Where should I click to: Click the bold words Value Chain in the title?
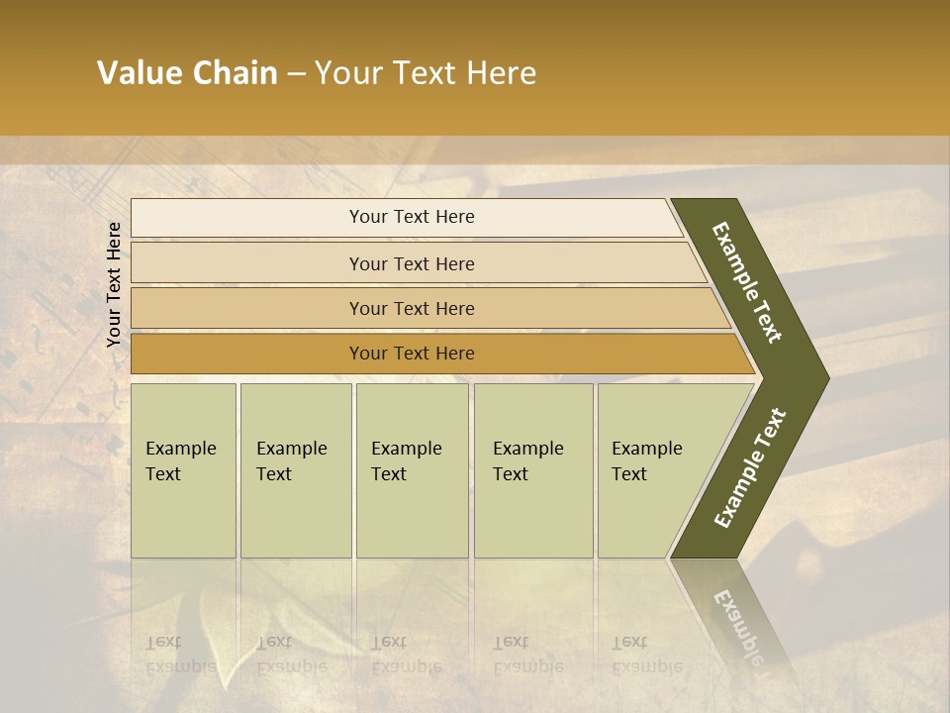187,73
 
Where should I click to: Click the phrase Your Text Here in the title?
426,73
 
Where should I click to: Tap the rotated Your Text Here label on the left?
114,284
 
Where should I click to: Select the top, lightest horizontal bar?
406,217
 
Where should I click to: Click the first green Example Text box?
183,470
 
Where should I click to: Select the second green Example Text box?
295,470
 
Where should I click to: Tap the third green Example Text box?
412,470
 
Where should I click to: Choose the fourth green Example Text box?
532,470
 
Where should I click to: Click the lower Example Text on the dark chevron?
750,467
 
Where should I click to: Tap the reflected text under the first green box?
180,655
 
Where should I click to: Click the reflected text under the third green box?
406,655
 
